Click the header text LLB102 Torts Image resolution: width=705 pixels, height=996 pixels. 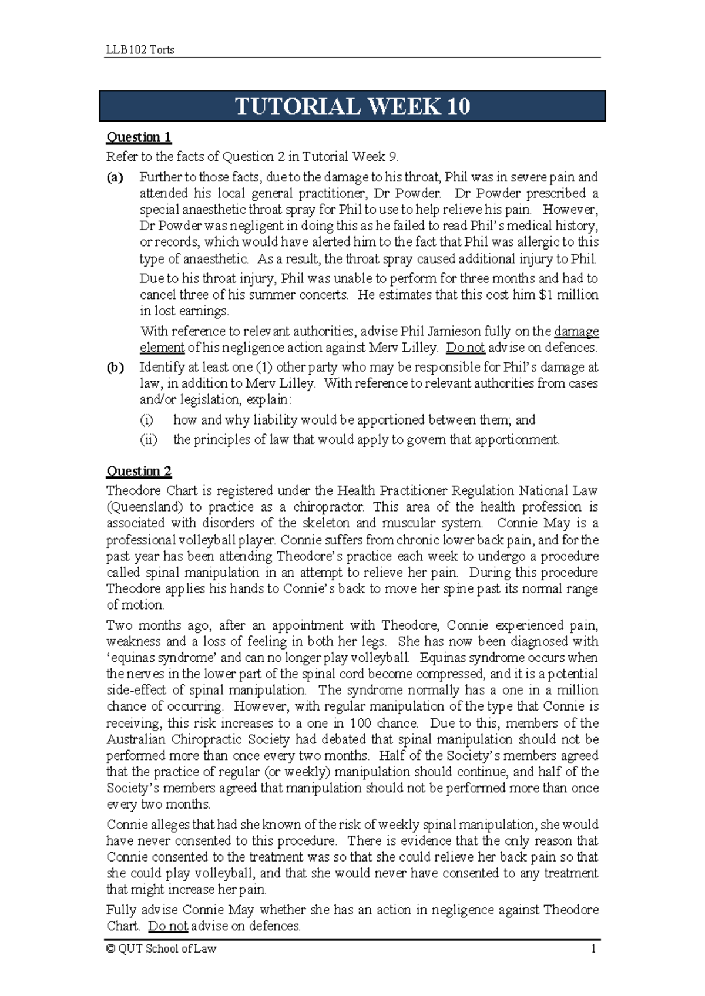[x=140, y=50]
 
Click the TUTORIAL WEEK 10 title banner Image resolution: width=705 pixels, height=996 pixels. [x=352, y=106]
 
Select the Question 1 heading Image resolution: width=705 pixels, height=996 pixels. [x=139, y=137]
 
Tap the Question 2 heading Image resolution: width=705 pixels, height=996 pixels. [x=139, y=471]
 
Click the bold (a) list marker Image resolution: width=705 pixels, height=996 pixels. [x=115, y=177]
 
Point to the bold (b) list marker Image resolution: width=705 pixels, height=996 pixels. [x=115, y=368]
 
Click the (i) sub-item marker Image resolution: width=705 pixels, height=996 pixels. [x=146, y=420]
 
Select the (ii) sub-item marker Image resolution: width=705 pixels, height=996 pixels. [x=148, y=440]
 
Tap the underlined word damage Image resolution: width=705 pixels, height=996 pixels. [x=576, y=331]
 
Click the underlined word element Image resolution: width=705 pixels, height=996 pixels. [x=162, y=348]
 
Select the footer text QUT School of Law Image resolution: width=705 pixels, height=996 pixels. [x=167, y=949]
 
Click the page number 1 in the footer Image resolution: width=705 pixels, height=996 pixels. [x=593, y=949]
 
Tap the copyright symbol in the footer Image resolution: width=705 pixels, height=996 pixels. [x=110, y=949]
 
